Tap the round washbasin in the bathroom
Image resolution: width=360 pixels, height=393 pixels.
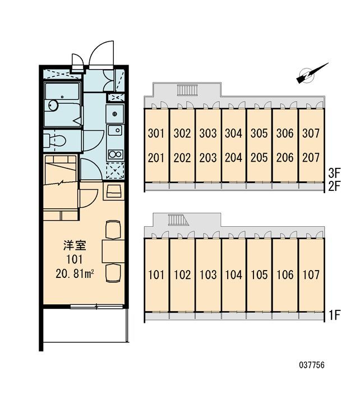pyautogui.click(x=53, y=106)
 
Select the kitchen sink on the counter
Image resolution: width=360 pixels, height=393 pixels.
pyautogui.click(x=115, y=130)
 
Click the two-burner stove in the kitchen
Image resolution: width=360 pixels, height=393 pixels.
pyautogui.click(x=115, y=154)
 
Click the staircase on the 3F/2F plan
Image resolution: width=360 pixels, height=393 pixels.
pyautogui.click(x=187, y=90)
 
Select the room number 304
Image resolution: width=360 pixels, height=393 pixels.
pyautogui.click(x=233, y=133)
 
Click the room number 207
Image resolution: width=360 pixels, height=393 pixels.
pyautogui.click(x=311, y=158)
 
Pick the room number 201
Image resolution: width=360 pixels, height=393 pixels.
pyautogui.click(x=156, y=158)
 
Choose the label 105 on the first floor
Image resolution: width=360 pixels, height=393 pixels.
pyautogui.click(x=259, y=275)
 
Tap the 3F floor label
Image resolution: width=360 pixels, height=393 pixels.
pyautogui.click(x=334, y=173)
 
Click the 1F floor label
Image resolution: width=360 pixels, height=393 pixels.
pyautogui.click(x=335, y=315)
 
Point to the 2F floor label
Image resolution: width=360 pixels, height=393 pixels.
pyautogui.click(x=334, y=187)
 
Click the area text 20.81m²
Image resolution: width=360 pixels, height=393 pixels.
pyautogui.click(x=75, y=274)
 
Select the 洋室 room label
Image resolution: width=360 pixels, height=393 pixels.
pyautogui.click(x=75, y=245)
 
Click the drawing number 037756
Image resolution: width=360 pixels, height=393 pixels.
pyautogui.click(x=312, y=365)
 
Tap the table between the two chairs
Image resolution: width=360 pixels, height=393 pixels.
pyautogui.click(x=113, y=251)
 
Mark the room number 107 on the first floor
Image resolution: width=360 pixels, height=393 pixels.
pyautogui.click(x=311, y=275)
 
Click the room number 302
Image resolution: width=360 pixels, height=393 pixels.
pyautogui.click(x=182, y=133)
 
